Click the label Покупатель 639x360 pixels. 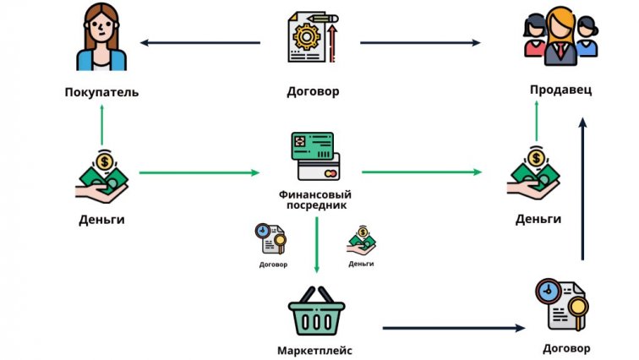click(x=101, y=91)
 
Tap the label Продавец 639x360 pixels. click(x=560, y=90)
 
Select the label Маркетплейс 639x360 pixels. click(x=314, y=350)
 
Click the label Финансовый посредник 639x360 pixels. click(x=313, y=199)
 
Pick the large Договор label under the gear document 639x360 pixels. click(x=313, y=91)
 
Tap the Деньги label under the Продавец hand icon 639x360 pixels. click(x=538, y=219)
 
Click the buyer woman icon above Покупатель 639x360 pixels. click(x=101, y=38)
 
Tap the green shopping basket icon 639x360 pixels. click(x=314, y=313)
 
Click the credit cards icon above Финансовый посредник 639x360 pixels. click(x=313, y=156)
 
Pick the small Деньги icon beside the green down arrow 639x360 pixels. click(x=361, y=241)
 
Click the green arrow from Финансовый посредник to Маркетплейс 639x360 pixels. click(x=316, y=245)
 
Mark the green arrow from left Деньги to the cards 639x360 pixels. click(x=199, y=173)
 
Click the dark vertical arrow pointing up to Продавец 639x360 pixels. click(x=582, y=190)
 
